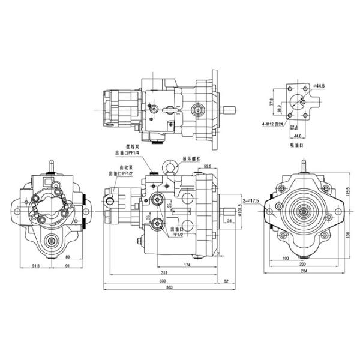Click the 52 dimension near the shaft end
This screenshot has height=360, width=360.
pos(226,280)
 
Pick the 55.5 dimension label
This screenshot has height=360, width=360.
pos(208,166)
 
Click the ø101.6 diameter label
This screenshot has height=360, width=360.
pos(240,211)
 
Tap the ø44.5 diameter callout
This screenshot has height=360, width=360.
pos(319,86)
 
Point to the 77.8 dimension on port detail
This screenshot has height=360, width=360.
pos(271,103)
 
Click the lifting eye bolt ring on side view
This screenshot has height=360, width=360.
pos(170,165)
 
